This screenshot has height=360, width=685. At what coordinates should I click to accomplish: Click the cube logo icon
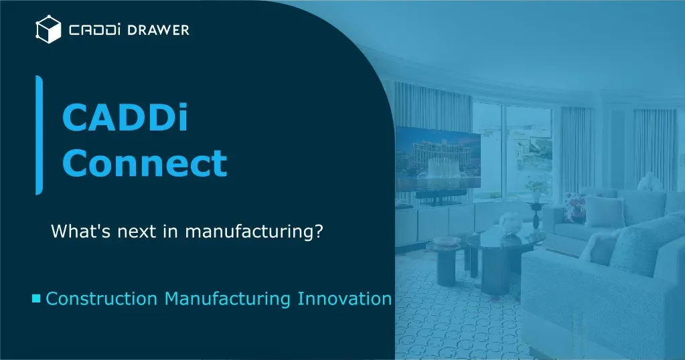(48, 29)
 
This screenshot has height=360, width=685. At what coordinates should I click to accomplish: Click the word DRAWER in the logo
(158, 30)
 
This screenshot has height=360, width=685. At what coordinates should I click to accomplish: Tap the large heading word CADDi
(125, 117)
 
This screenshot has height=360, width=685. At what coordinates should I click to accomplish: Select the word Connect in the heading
(145, 163)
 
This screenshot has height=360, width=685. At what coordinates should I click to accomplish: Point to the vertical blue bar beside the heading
(39, 135)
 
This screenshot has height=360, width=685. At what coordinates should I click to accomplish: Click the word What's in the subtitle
(81, 231)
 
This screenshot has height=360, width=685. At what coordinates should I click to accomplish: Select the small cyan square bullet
(36, 298)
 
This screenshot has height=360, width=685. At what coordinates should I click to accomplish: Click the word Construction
(101, 299)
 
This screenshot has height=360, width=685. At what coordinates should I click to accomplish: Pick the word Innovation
(344, 299)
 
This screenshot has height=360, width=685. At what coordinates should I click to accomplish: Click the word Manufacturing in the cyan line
(227, 299)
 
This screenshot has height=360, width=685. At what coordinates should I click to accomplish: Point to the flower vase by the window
(536, 191)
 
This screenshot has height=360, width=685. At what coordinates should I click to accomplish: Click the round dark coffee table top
(506, 239)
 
